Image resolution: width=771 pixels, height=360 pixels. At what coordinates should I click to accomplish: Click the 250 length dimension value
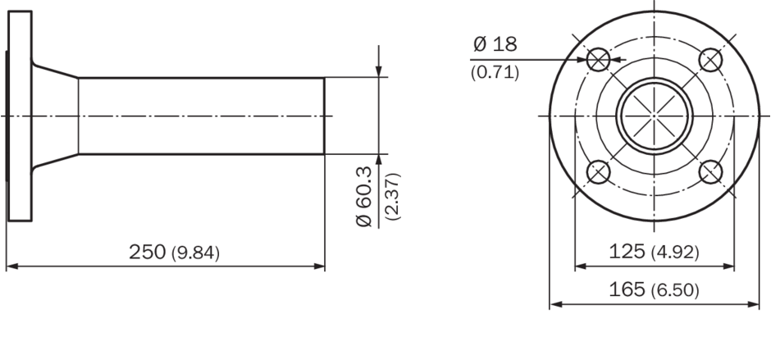click(148, 252)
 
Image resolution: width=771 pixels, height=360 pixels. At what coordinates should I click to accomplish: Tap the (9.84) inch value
click(196, 253)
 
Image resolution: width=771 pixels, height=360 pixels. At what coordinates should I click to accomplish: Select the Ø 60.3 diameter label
click(364, 197)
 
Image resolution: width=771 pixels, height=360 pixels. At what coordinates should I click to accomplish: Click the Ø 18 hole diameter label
click(495, 44)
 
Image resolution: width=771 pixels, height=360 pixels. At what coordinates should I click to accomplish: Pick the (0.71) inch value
click(495, 73)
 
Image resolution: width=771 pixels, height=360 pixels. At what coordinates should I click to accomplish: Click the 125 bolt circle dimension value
click(627, 251)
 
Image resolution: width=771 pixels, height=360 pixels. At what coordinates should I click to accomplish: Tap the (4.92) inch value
click(674, 253)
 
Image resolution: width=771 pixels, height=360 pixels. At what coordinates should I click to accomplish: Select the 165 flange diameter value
click(627, 289)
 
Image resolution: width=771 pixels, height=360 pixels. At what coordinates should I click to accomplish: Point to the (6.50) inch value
click(674, 290)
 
